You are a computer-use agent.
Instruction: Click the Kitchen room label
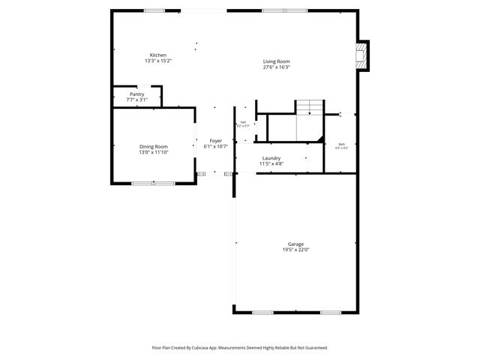157,55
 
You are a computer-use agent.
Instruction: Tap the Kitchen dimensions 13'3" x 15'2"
157,61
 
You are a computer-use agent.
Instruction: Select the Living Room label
276,61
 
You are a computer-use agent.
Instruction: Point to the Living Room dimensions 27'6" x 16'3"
276,67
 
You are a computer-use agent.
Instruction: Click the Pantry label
136,94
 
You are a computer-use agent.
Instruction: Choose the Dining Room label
153,146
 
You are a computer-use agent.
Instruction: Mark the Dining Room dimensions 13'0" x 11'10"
153,152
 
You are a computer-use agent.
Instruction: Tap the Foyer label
215,141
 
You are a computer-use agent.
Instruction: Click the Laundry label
271,157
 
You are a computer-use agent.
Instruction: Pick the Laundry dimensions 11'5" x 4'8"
271,163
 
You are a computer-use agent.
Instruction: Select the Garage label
295,244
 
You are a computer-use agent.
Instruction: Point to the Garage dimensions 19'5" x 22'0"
295,250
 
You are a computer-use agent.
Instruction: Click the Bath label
341,144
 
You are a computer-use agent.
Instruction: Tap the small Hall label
243,122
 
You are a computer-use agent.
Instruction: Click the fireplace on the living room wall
364,55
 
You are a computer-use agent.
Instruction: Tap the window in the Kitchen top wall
154,10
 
